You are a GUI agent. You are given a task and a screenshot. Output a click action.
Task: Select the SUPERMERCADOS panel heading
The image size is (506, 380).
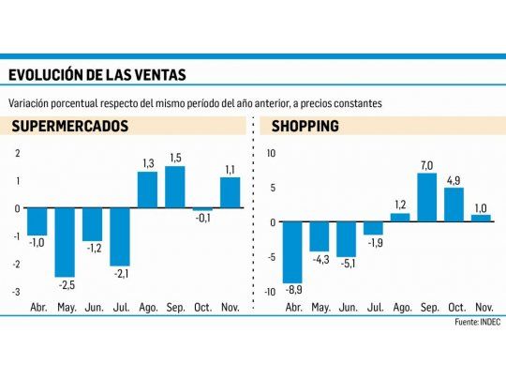(x=68, y=127)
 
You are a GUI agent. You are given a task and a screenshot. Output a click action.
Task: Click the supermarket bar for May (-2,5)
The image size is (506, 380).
(x=65, y=241)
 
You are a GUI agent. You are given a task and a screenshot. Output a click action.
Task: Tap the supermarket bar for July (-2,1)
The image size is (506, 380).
(x=120, y=236)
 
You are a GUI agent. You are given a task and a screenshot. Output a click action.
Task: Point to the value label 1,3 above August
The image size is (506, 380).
(x=147, y=164)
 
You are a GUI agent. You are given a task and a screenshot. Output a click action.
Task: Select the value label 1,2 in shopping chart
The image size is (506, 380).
(x=400, y=205)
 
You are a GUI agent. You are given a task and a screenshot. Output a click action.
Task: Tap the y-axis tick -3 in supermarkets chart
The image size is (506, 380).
(x=15, y=292)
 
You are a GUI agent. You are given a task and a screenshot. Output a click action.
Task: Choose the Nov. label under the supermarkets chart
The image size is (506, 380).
(x=231, y=306)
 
